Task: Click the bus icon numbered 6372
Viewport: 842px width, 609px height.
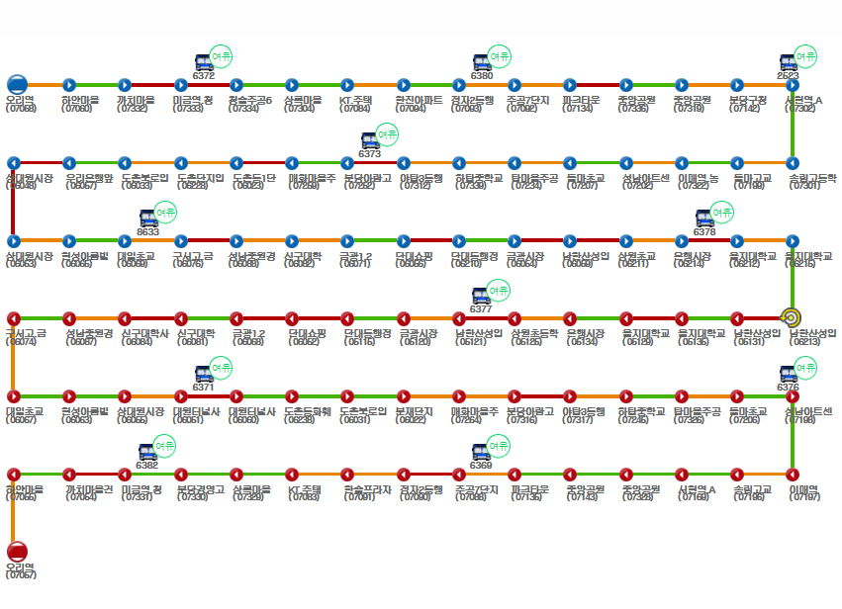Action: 203,62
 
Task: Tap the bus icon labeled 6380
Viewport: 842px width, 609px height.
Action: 481,62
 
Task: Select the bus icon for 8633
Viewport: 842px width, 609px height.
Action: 147,217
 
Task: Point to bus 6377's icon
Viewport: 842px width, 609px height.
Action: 481,296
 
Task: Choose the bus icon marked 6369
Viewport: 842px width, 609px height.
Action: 481,452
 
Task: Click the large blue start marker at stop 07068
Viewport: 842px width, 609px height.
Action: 17,85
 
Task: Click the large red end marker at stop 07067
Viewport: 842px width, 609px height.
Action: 17,552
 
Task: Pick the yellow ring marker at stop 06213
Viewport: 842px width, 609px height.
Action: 791,317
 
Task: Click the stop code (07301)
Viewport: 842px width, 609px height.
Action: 804,186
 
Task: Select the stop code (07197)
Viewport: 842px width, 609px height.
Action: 804,497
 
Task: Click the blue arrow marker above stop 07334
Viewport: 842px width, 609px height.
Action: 236,85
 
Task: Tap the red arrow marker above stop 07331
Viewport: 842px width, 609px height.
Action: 125,474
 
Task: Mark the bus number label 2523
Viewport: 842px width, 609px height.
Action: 788,75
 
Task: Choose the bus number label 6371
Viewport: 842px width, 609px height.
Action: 203,388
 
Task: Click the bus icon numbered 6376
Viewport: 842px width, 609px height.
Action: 788,374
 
